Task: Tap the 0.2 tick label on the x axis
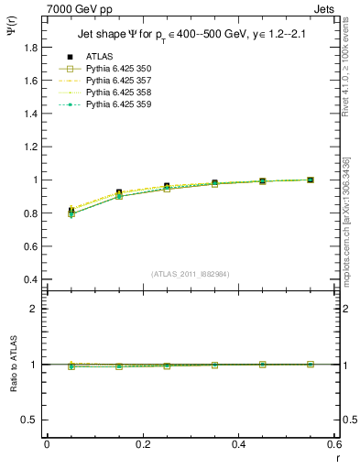pyautogui.click(x=143, y=444)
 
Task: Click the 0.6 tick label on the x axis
pyautogui.click(x=334, y=444)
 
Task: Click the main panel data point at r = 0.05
pyautogui.click(x=71, y=212)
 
